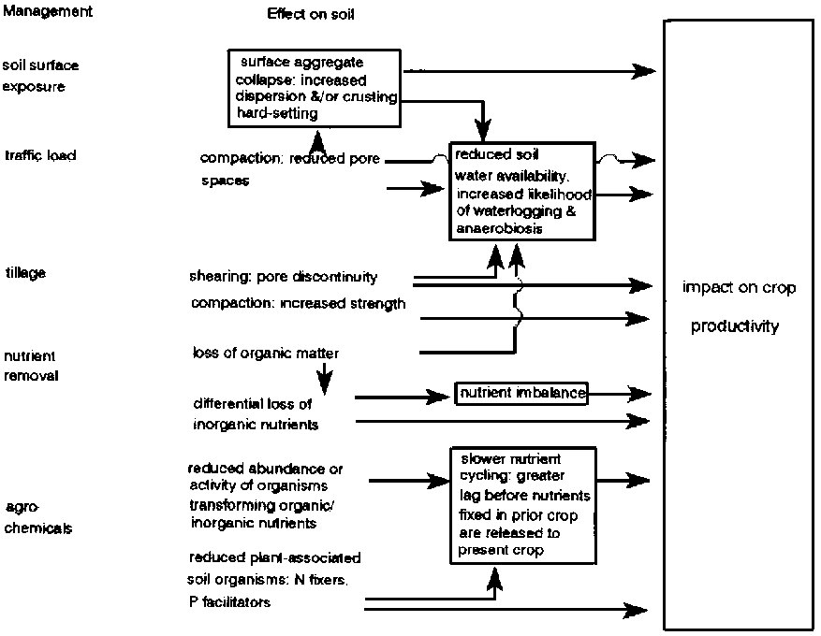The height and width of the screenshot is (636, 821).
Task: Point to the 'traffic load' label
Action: point(39,155)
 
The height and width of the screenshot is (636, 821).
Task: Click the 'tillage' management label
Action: point(25,272)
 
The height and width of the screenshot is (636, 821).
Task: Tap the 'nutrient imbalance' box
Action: point(522,394)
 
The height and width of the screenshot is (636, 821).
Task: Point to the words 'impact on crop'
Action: point(740,288)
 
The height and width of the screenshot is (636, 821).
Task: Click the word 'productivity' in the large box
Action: point(735,326)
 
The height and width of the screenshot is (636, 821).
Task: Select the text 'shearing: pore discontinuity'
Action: point(284,277)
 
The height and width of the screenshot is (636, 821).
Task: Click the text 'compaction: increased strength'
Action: point(298,303)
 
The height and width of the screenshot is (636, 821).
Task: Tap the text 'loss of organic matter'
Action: point(266,353)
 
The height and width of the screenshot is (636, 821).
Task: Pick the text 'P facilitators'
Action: point(229,602)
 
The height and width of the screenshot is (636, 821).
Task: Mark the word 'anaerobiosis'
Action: point(499,228)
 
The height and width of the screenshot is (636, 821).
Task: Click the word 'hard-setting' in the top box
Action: point(277,113)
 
